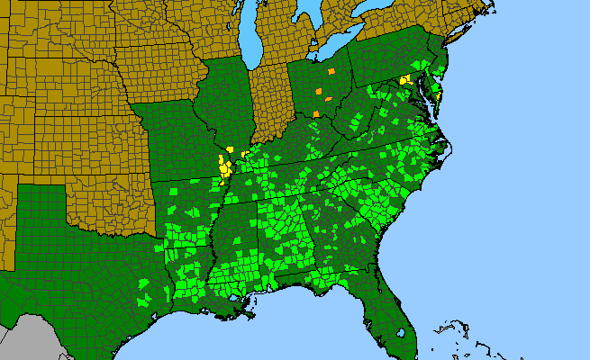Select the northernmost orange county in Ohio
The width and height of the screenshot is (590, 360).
click(x=331, y=70)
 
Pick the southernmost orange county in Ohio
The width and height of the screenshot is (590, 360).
click(x=316, y=113)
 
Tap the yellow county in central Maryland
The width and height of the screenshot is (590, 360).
click(x=404, y=81)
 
